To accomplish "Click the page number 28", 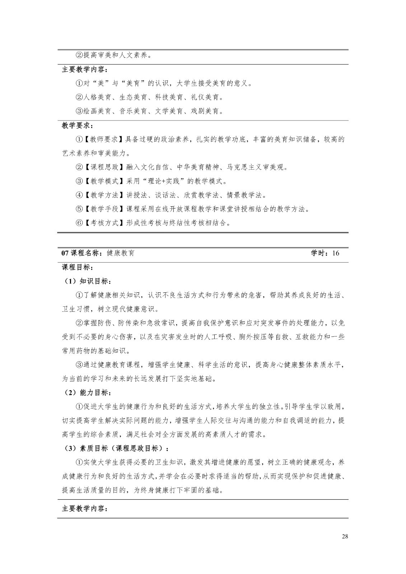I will click(345, 537).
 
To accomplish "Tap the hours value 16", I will click(336, 253).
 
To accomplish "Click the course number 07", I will click(65, 253).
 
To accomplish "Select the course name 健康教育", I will click(121, 253).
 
